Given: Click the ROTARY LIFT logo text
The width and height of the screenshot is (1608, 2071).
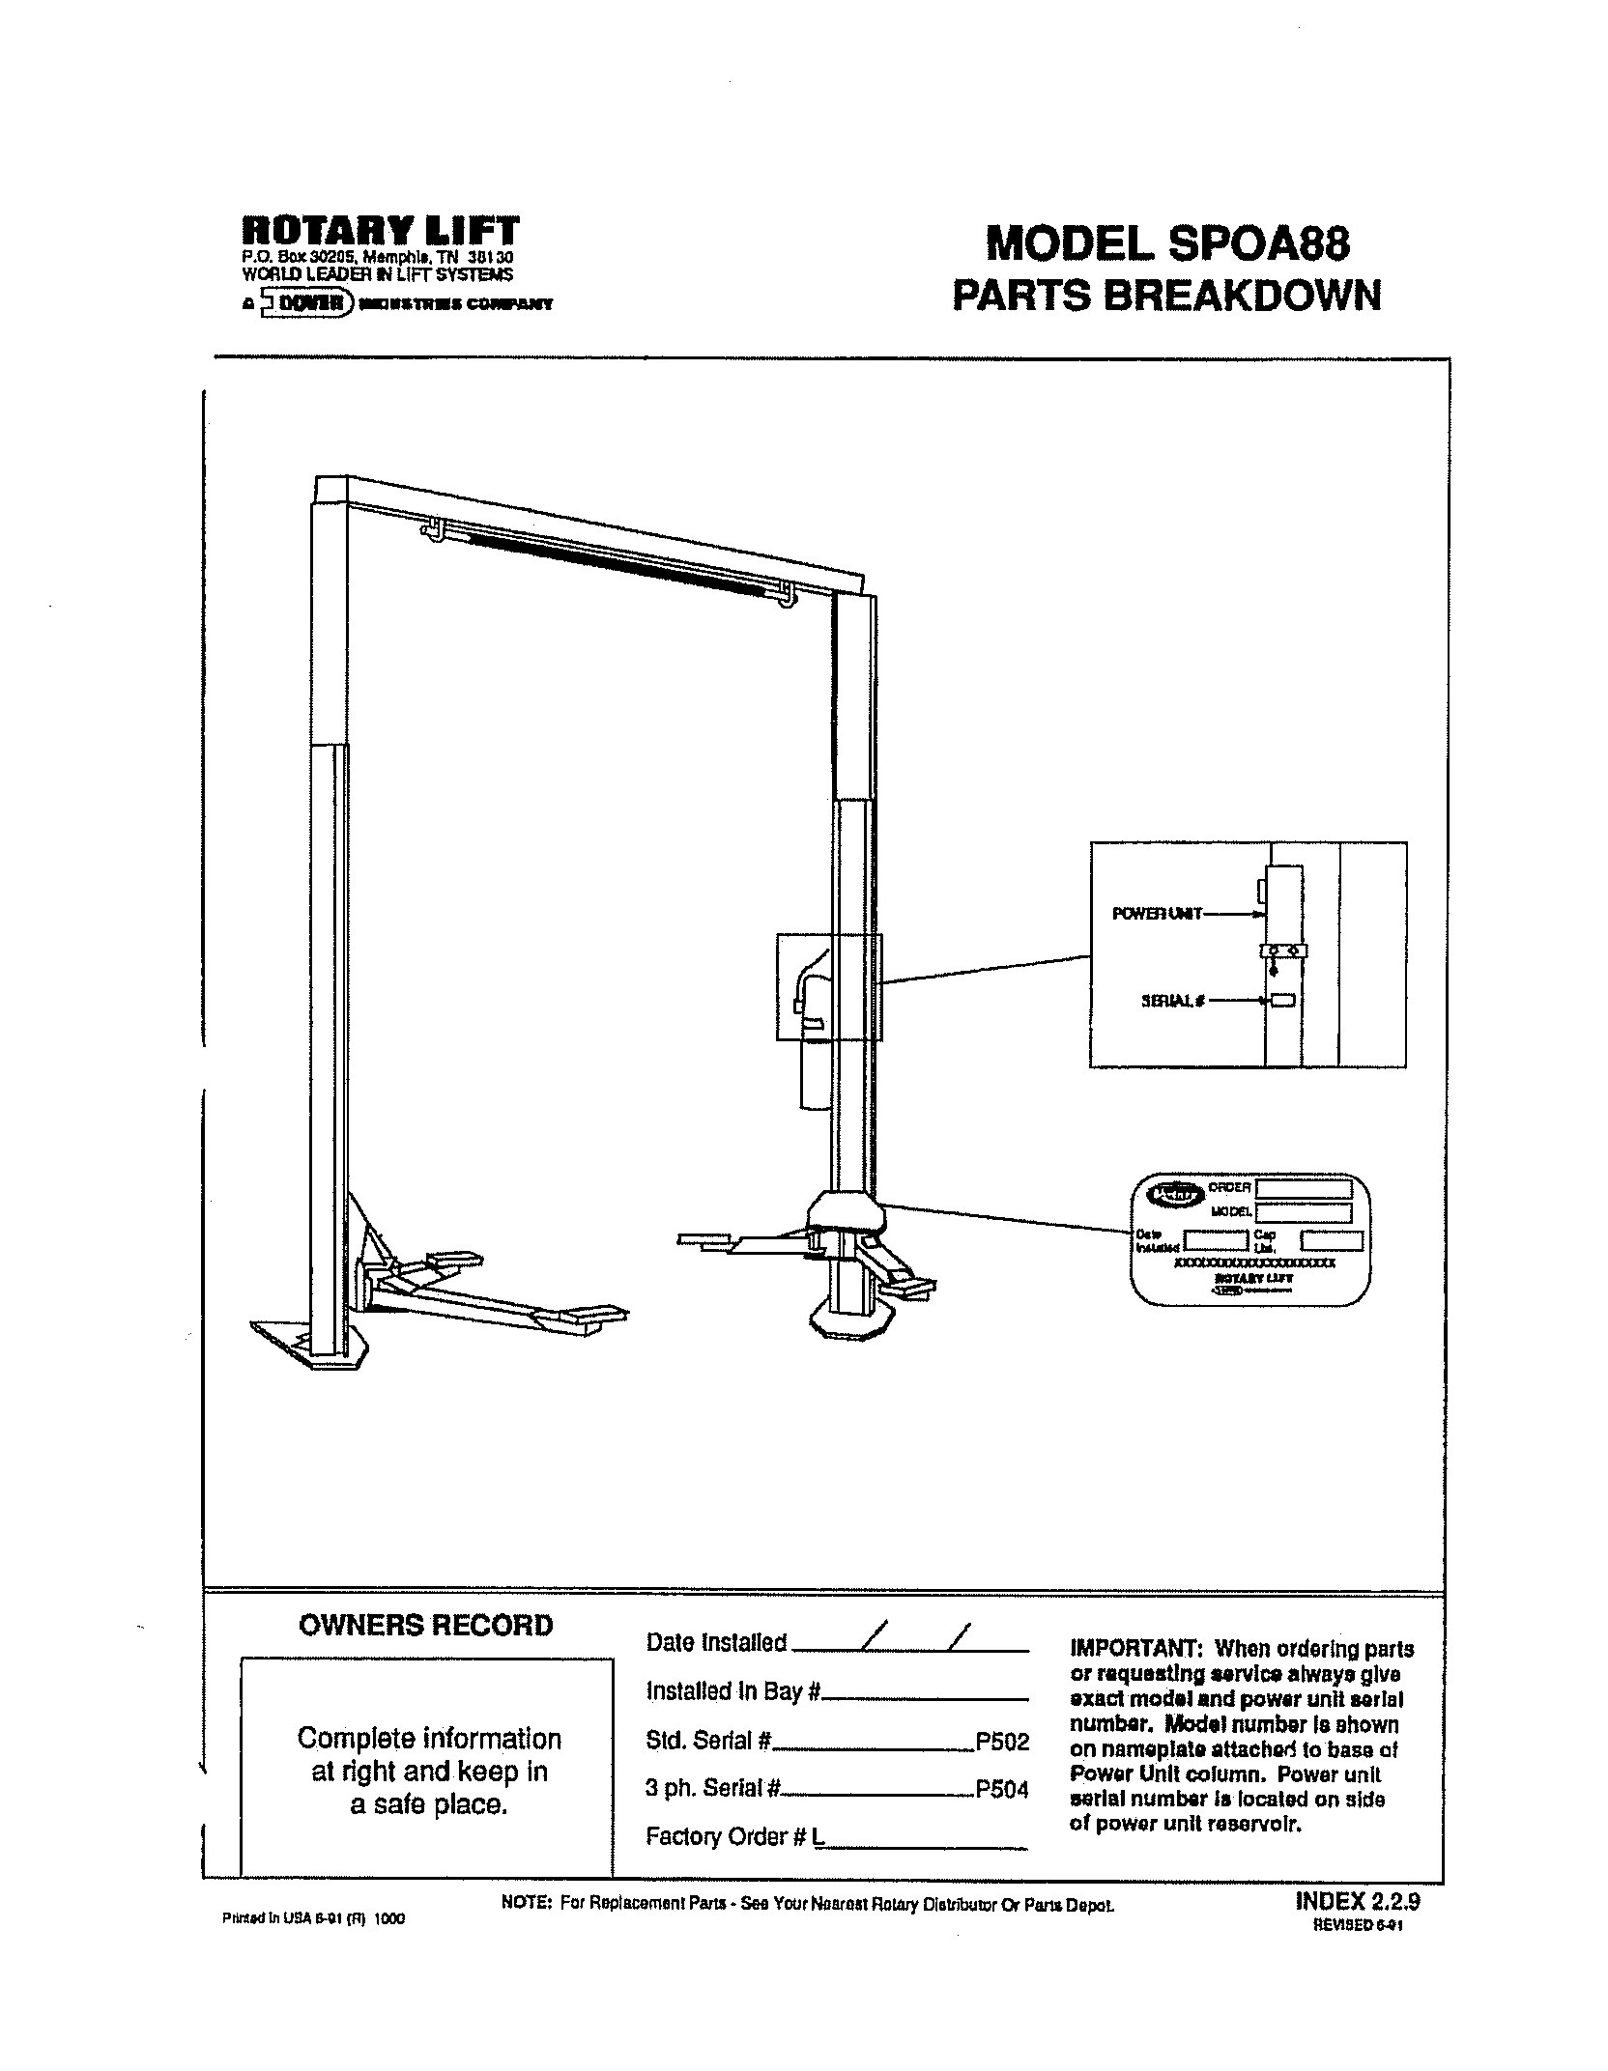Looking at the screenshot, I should point(380,231).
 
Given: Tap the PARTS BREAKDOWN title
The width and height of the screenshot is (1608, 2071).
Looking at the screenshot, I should point(1166,295).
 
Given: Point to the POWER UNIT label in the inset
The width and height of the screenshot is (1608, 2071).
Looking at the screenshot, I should point(1157,913).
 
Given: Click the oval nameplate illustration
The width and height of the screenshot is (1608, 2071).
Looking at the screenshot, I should point(1250,1239).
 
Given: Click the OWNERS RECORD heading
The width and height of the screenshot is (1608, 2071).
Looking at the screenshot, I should point(425,1626).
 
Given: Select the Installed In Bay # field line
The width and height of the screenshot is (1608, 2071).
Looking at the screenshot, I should point(925,1698).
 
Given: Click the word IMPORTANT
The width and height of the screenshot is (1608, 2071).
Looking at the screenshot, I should point(1134,1648).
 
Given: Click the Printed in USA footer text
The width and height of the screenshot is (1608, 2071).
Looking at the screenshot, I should point(313,1919).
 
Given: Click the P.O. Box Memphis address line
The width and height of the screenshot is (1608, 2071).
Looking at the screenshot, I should point(377,259).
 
